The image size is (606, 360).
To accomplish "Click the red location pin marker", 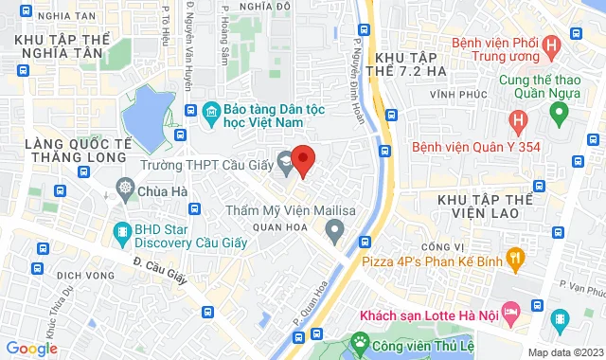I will tap(302, 161).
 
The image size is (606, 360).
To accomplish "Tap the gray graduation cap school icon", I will tap(284, 159).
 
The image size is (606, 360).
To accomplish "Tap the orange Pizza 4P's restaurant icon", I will tap(515, 256).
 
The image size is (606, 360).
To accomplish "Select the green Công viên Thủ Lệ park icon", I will tap(360, 340).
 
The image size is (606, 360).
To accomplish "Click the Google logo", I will tap(31, 349).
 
